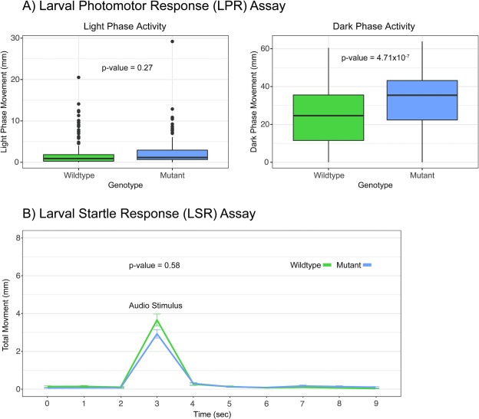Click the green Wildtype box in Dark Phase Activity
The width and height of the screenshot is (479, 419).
329,118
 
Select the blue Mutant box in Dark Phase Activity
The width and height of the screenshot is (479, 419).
422,100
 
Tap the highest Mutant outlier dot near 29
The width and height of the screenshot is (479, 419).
172,41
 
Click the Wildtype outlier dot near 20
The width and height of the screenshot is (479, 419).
78,77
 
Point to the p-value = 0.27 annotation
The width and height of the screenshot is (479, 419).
127,67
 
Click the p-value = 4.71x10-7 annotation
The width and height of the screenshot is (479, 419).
375,57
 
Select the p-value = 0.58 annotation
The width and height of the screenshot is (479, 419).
154,265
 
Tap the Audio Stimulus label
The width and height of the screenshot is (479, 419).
156,306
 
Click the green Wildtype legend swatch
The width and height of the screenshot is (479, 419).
327,265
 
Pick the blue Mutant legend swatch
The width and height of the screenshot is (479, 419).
367,265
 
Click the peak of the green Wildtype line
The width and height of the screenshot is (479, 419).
157,319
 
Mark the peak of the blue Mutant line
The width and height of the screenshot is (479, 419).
157,334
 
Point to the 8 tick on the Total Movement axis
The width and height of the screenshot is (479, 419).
18,237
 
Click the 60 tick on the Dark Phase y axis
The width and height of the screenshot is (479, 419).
265,48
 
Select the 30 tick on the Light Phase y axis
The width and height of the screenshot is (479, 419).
15,38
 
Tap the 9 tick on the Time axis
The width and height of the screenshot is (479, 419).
376,404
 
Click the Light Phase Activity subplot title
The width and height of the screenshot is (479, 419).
125,26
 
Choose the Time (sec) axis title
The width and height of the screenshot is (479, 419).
212,414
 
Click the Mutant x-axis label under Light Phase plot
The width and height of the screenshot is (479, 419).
172,175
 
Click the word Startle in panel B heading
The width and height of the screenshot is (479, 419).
98,213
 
